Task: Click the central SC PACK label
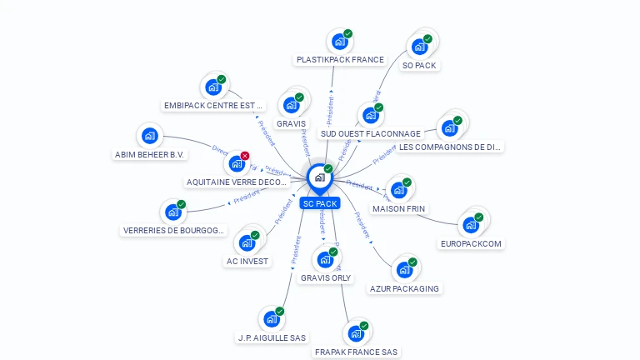click(x=320, y=203)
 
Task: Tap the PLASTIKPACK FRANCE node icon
click(x=338, y=42)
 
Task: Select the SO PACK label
click(x=419, y=65)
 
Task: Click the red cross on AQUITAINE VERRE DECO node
click(x=245, y=156)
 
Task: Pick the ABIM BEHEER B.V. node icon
click(x=149, y=136)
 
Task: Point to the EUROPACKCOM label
click(x=472, y=244)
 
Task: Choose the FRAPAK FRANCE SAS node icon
click(x=356, y=333)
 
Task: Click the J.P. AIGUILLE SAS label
click(x=272, y=337)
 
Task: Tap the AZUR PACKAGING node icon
click(x=404, y=270)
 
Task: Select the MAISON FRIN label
click(x=398, y=208)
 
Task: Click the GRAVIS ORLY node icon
click(x=325, y=259)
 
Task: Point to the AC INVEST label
click(x=247, y=261)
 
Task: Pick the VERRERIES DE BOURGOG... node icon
click(x=172, y=212)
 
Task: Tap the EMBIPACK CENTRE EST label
click(x=213, y=106)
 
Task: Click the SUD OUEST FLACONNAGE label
click(x=370, y=133)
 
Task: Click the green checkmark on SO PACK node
click(x=427, y=38)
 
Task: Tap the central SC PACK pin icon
click(x=319, y=177)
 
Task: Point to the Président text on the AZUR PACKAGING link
click(x=362, y=225)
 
